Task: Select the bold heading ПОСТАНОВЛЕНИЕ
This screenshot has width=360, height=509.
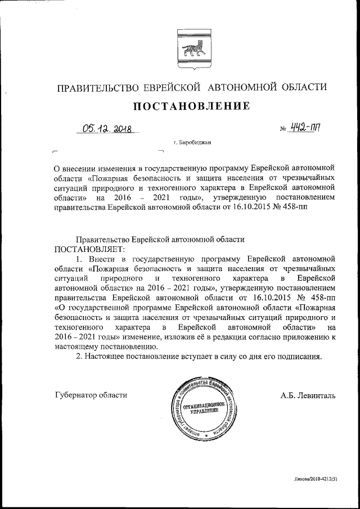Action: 191,105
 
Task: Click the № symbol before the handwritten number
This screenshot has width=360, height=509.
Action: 283,130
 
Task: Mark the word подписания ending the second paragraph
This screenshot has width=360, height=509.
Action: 298,357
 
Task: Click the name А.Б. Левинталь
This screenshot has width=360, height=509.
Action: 308,395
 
